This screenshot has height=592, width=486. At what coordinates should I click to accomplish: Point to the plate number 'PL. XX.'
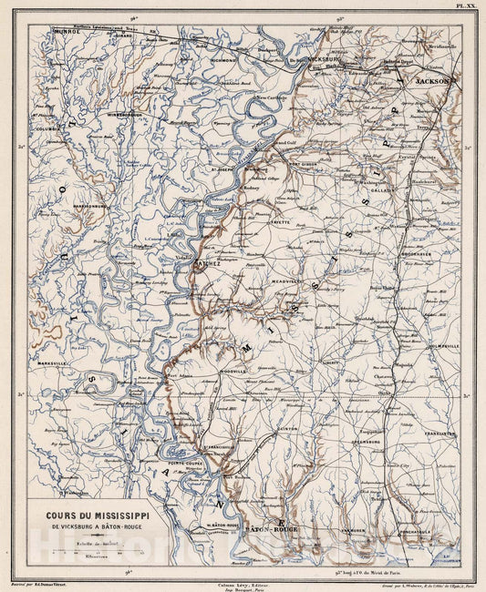466,5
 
